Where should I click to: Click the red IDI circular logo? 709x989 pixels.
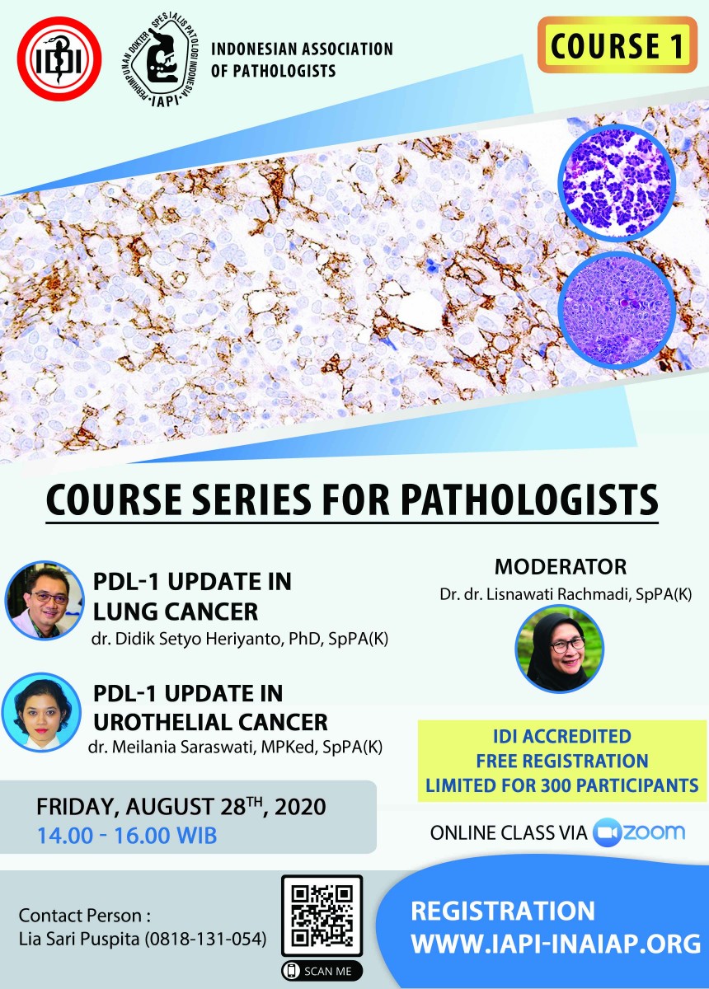click(59, 59)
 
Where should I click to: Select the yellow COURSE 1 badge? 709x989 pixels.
click(617, 45)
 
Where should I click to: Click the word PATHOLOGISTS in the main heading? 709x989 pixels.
click(528, 500)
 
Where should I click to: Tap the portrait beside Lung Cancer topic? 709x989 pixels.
click(45, 601)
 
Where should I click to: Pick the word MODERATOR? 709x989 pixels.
click(560, 567)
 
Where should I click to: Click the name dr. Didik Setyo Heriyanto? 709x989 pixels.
click(186, 640)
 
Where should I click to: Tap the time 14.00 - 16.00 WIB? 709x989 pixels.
click(127, 836)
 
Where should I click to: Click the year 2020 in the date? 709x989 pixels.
click(300, 807)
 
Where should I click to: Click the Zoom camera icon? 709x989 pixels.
click(607, 832)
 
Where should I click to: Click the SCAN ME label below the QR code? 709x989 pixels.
click(322, 972)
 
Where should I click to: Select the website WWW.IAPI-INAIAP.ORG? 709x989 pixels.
click(556, 940)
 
